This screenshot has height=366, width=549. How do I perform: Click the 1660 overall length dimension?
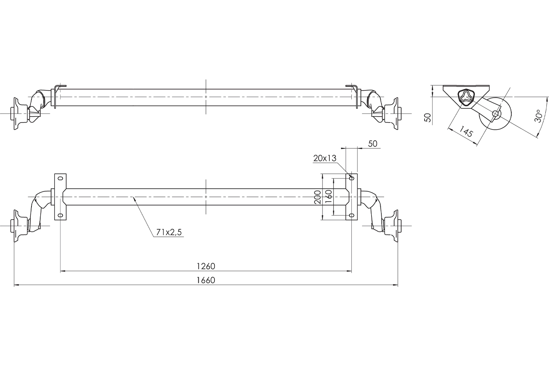pos(206,280)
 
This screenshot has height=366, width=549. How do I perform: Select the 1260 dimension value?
pos(206,266)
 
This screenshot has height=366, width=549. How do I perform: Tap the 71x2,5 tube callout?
pos(169,232)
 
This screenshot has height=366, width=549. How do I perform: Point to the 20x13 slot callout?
pos(325,158)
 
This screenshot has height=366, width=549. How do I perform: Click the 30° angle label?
pos(538,116)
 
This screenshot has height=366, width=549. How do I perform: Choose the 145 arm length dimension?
pos(466,131)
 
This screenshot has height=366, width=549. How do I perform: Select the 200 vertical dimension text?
pos(317,197)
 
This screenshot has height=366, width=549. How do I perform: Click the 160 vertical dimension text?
pos(328,196)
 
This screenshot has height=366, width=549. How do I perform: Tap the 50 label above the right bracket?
pos(373,143)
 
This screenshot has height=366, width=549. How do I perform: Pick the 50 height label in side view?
pos(428,118)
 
